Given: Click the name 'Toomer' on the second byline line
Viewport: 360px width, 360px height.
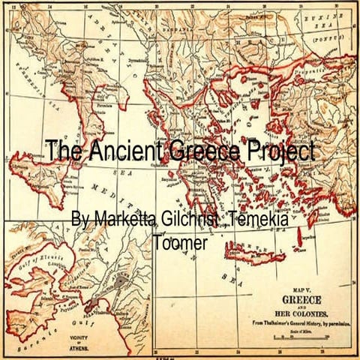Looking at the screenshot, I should click(x=181, y=242).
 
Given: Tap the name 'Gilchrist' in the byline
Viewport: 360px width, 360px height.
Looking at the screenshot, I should click(x=188, y=220).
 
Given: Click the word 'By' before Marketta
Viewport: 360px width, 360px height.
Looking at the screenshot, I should click(x=80, y=220).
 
